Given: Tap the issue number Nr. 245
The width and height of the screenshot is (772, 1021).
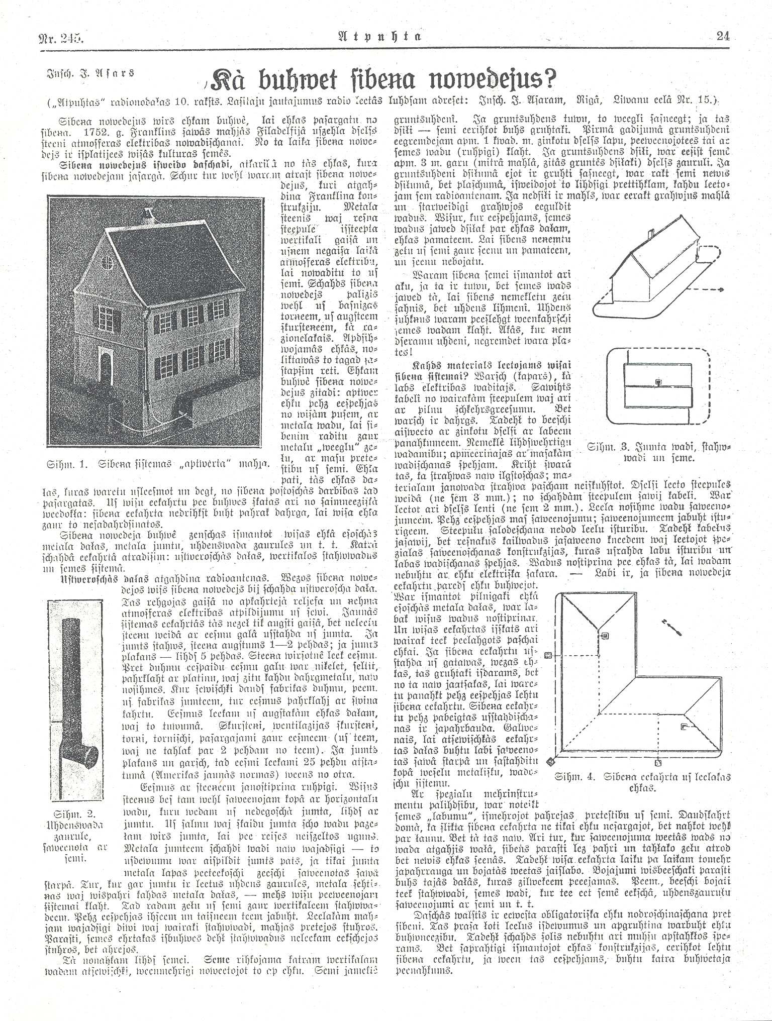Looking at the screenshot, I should (60, 37).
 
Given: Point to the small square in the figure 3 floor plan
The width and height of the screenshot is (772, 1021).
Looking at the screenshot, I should (657, 382).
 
